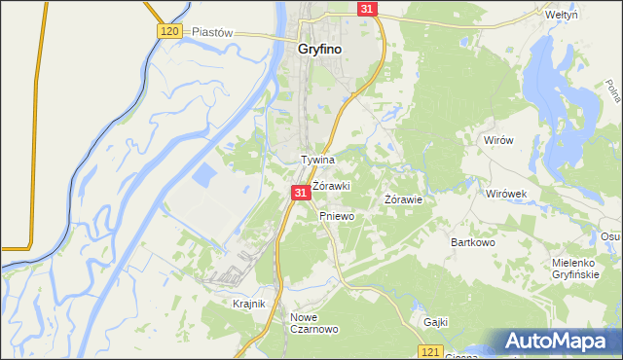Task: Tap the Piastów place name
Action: pyautogui.click(x=213, y=31)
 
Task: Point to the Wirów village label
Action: pyautogui.click(x=497, y=140)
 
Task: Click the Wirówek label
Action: pyautogui.click(x=506, y=193)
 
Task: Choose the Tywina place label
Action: pyautogui.click(x=317, y=160)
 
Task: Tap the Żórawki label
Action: pyautogui.click(x=330, y=185)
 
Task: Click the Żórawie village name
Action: pyautogui.click(x=403, y=199)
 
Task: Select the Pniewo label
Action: pyautogui.click(x=336, y=216)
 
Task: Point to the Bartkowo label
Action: pyautogui.click(x=473, y=241)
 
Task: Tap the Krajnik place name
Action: pyautogui.click(x=249, y=304)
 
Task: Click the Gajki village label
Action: pyautogui.click(x=434, y=322)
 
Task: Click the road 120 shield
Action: pyautogui.click(x=168, y=32)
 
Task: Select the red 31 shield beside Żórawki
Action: pyautogui.click(x=300, y=194)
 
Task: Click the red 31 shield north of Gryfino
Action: pyautogui.click(x=366, y=8)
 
